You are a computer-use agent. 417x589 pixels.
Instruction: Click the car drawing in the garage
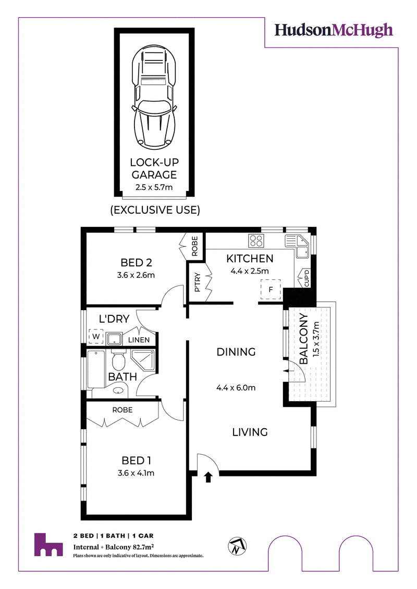point(154,96)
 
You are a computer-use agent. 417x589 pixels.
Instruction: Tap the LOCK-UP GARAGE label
point(154,168)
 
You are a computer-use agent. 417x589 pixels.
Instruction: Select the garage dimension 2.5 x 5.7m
point(154,187)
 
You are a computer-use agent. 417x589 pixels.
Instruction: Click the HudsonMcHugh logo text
point(334,31)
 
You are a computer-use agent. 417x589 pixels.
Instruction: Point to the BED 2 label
point(136,263)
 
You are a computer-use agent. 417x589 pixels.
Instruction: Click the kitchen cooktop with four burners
point(256,240)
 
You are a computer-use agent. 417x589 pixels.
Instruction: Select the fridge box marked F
point(271,289)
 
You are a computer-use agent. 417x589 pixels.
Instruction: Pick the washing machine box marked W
point(96,337)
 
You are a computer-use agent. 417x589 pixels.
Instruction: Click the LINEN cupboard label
point(139,340)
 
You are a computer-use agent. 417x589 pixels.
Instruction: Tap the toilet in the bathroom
point(118,360)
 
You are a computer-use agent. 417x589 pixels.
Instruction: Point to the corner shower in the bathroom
point(143,360)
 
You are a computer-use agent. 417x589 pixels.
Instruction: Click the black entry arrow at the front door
point(208,477)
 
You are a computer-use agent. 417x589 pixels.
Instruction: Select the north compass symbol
point(237,546)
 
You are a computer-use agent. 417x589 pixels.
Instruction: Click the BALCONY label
point(303,339)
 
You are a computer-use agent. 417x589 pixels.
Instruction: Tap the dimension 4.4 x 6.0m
point(236,388)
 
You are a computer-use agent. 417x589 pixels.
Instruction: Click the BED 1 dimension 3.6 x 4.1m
point(136,473)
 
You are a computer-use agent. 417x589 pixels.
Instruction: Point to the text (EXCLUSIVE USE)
point(155,210)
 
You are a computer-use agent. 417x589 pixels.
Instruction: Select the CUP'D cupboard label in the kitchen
point(306,278)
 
